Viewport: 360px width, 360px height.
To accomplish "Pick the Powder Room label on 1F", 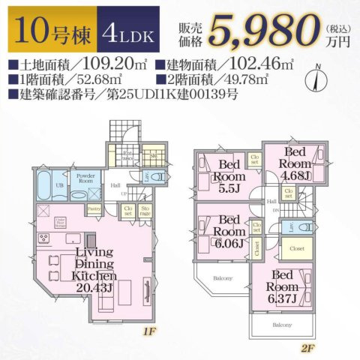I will tap(83, 178).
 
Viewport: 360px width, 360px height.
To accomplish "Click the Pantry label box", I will tap(94, 209).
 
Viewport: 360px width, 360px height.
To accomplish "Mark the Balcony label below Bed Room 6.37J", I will tap(282, 325).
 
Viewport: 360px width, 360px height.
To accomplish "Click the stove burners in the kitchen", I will tap(42, 240).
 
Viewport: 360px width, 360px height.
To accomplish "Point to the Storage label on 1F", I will tap(145, 211).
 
